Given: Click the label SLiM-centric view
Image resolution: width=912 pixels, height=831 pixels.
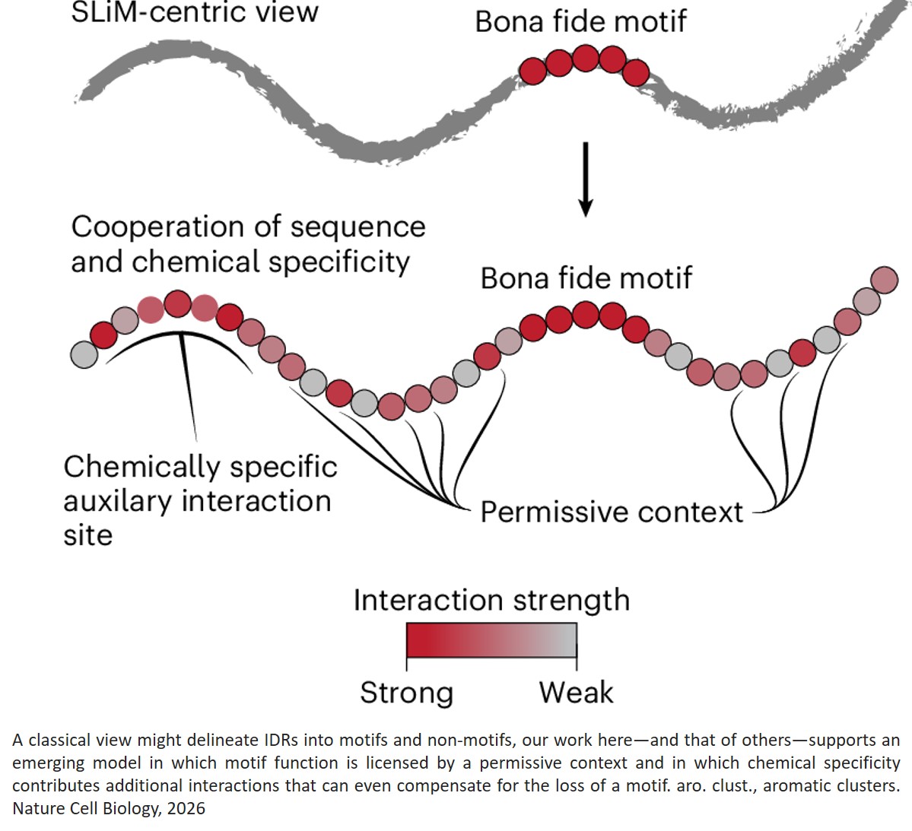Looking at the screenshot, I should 194,12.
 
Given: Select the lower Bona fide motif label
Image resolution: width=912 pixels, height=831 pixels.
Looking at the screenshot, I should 586,278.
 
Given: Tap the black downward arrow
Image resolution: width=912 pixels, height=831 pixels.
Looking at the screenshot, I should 585,179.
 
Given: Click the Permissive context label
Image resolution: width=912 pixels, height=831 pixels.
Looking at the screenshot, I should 611,512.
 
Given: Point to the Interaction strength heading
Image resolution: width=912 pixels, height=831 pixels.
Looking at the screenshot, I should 491,601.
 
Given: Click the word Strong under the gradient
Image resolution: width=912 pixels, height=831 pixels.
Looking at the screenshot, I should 406,693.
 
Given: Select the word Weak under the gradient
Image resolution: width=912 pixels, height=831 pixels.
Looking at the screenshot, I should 576,693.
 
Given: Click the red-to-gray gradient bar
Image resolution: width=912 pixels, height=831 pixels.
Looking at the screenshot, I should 491,640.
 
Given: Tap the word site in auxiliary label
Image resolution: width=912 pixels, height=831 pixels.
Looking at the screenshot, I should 88,535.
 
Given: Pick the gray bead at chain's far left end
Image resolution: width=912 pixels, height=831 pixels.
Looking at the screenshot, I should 84,354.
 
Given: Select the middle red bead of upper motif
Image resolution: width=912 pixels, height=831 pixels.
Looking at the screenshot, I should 585,58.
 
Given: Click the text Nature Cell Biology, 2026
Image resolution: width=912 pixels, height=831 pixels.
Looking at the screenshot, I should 109,808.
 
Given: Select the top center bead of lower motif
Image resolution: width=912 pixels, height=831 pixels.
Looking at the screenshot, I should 586,314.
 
